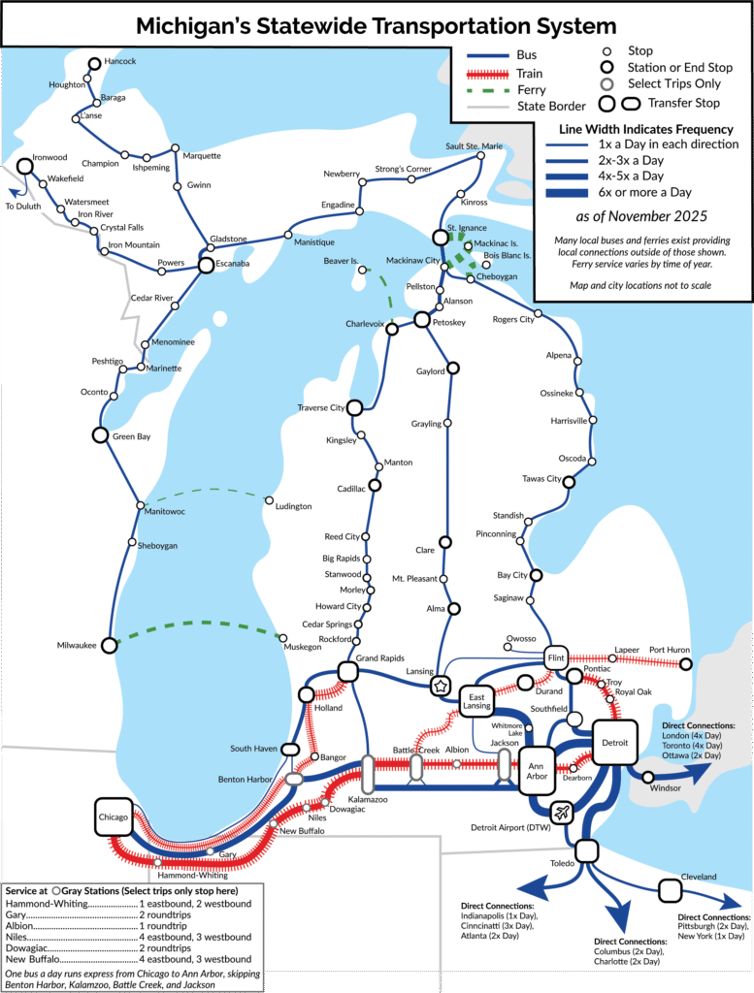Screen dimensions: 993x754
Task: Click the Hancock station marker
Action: pyautogui.click(x=94, y=64)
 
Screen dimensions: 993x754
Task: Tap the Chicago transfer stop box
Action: pyautogui.click(x=113, y=817)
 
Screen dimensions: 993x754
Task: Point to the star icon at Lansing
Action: pyautogui.click(x=443, y=686)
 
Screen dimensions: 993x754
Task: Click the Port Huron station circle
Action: pyautogui.click(x=686, y=664)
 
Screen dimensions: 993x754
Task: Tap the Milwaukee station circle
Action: pyautogui.click(x=110, y=645)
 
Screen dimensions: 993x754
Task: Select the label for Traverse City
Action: pyautogui.click(x=320, y=408)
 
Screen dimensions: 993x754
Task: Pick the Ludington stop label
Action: pyautogui.click(x=293, y=506)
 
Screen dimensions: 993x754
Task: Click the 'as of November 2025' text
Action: pyautogui.click(x=641, y=215)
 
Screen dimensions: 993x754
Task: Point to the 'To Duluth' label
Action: pyautogui.click(x=23, y=207)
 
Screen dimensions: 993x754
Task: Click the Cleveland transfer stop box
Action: pyautogui.click(x=670, y=889)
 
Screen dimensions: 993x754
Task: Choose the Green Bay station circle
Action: pyautogui.click(x=99, y=435)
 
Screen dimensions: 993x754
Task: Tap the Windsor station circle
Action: pyautogui.click(x=648, y=776)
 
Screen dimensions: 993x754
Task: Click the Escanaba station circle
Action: pyautogui.click(x=206, y=264)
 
